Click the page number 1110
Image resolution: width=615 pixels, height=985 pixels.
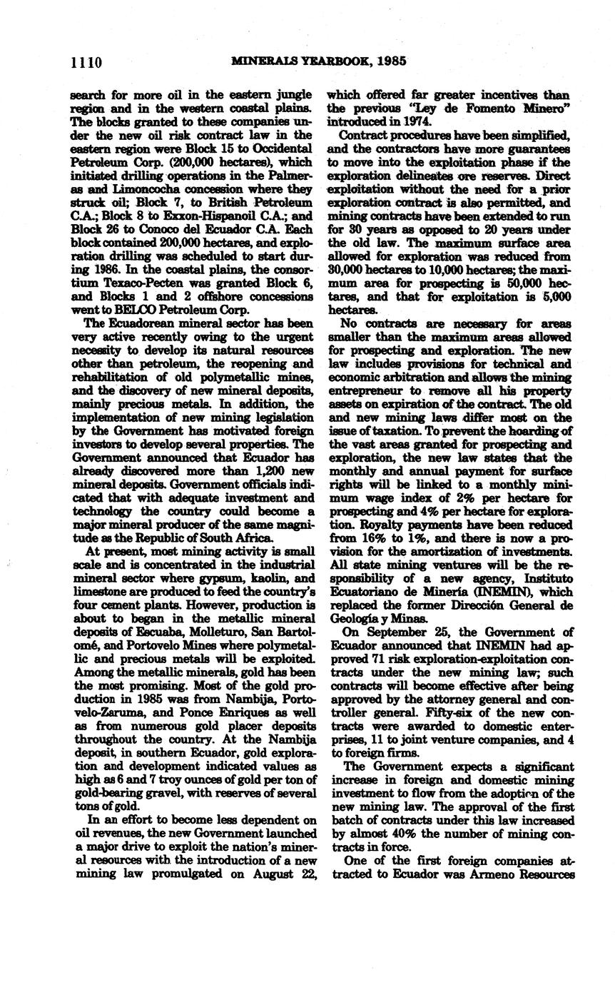pyautogui.click(x=87, y=62)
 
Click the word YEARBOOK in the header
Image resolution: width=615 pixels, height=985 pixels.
pyautogui.click(x=334, y=61)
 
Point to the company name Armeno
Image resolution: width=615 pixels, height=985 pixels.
pyautogui.click(x=495, y=874)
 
